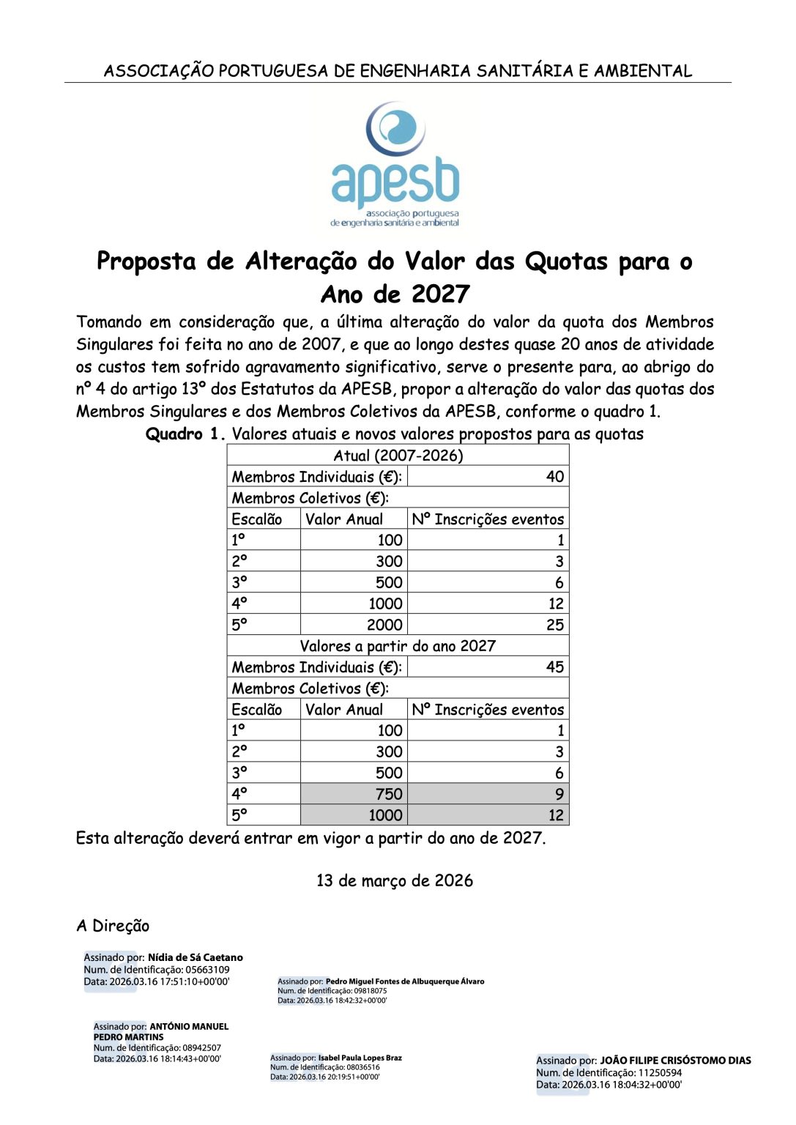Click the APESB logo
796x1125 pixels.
[x=395, y=164]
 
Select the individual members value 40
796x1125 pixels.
[x=554, y=477]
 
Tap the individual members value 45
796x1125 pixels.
[x=554, y=667]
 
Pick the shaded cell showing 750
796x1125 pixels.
[x=389, y=794]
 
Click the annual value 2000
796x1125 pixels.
[x=384, y=625]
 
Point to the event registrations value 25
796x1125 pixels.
[x=554, y=625]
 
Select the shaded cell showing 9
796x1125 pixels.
[x=559, y=794]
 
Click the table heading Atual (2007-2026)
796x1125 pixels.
[x=398, y=456]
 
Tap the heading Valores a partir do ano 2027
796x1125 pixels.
[x=398, y=646]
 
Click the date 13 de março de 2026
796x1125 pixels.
[x=395, y=880]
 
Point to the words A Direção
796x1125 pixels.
[x=113, y=926]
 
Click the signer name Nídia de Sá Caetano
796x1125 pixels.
[x=195, y=957]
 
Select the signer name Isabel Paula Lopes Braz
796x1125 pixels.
[x=360, y=1058]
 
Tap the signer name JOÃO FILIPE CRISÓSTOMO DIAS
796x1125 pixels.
[x=675, y=1061]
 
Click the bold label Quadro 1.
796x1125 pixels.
[x=186, y=434]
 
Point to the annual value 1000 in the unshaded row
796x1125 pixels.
[x=384, y=604]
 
